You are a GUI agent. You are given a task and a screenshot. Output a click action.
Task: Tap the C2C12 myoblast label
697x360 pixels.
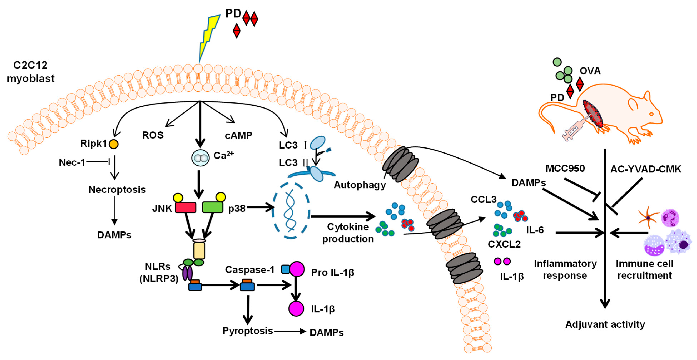click(x=31, y=72)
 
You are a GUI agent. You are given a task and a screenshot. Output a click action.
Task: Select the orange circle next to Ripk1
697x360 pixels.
click(x=113, y=144)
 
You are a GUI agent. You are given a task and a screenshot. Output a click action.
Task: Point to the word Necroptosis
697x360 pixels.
click(x=117, y=190)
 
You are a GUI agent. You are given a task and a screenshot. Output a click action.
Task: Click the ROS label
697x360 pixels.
click(x=153, y=135)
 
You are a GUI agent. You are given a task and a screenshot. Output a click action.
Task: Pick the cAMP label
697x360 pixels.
click(x=238, y=135)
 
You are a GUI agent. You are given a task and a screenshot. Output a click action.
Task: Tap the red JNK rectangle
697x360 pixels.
click(x=186, y=207)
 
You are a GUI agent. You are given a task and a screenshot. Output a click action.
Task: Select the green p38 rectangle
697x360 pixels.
click(x=213, y=207)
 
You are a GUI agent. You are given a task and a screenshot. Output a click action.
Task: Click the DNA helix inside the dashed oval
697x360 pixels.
click(x=290, y=211)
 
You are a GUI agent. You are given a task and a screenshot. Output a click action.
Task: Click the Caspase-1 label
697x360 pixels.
click(x=250, y=269)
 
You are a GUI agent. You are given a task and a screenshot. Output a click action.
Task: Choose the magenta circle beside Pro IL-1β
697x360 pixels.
click(x=297, y=269)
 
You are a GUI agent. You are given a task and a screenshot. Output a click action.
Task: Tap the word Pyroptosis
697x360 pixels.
click(x=248, y=331)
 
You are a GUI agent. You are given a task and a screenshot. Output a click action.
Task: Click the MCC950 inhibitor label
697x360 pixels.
click(x=565, y=169)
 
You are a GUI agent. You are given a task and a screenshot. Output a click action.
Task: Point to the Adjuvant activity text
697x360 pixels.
click(x=605, y=324)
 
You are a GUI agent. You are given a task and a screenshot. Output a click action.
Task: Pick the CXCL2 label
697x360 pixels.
click(x=504, y=244)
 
